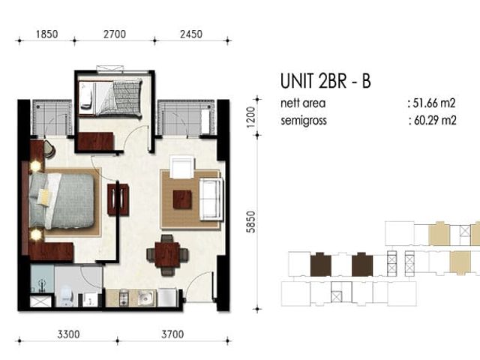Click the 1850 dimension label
46,34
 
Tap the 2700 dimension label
115,34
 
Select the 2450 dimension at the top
191,34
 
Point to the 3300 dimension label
68,334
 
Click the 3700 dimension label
172,334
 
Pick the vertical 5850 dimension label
250,222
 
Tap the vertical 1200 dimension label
250,117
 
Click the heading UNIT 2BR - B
325,81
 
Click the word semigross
304,120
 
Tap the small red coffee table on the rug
182,199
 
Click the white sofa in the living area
211,199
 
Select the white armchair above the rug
181,167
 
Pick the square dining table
166,255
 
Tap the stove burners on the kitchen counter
124,298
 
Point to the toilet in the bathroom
67,295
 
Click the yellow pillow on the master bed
43,196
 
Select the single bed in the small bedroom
110,98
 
